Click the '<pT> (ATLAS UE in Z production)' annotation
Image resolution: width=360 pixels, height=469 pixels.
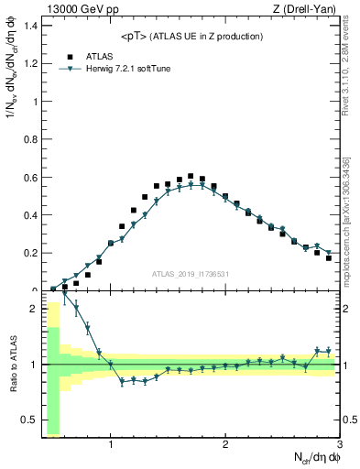coord(191,36)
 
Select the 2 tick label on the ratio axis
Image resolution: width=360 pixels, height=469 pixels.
coord(32,308)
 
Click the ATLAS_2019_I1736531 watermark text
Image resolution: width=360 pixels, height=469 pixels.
coord(191,274)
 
